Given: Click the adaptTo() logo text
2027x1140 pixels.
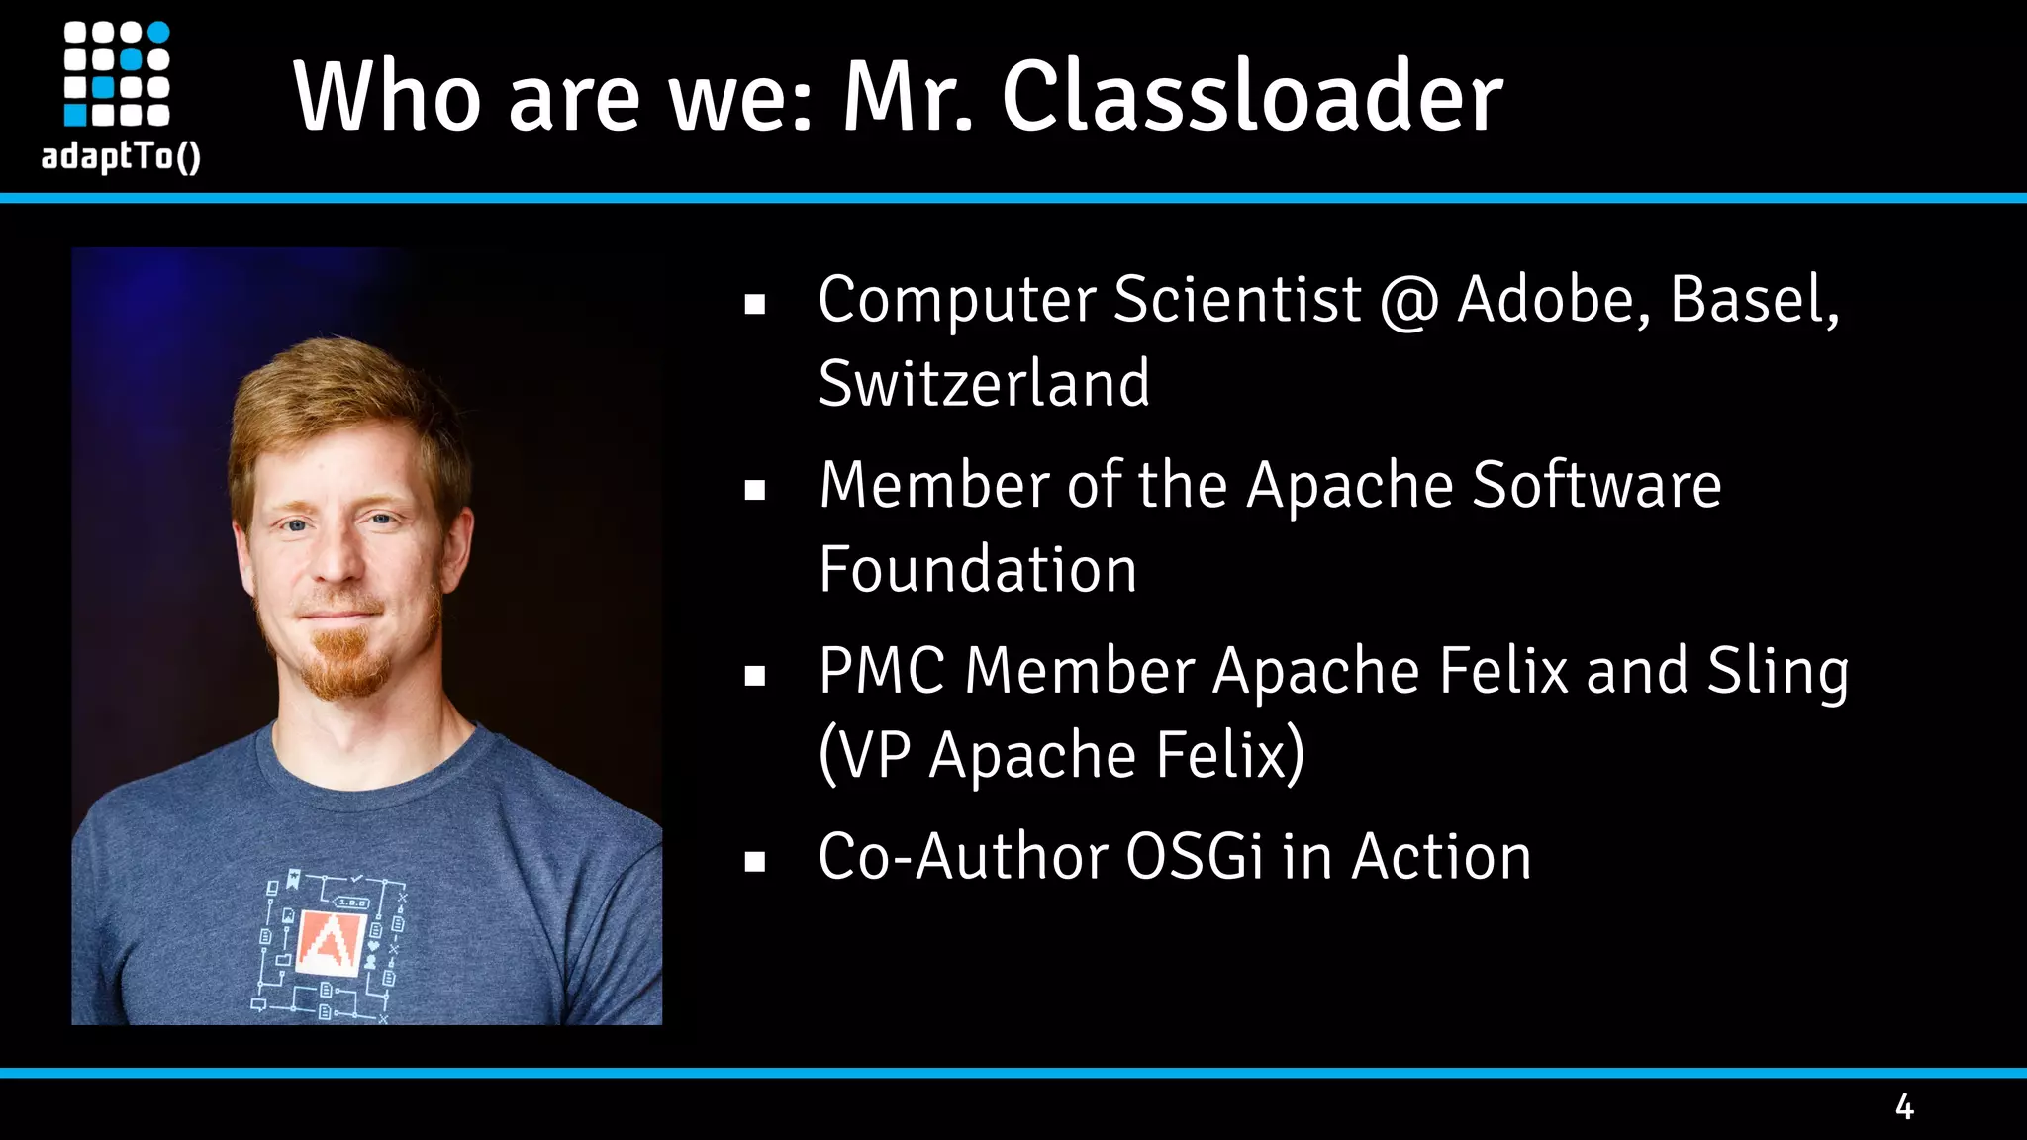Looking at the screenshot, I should tap(121, 156).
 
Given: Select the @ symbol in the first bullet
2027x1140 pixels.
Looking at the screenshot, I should tap(1409, 301).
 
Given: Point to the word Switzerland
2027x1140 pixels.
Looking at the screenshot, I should tap(984, 383).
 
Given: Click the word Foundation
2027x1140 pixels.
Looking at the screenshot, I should tap(978, 570).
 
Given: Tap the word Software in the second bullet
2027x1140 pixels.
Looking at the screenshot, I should tap(1596, 485).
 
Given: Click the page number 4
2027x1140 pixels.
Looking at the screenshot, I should tap(1904, 1106).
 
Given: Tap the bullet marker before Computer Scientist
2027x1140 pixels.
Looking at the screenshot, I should tap(755, 304).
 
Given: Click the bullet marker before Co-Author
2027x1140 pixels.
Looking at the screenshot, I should tap(755, 862).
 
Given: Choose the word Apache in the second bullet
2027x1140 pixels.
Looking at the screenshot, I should tap(1349, 487).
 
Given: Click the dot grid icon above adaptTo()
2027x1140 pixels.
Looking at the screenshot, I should tap(117, 74).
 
